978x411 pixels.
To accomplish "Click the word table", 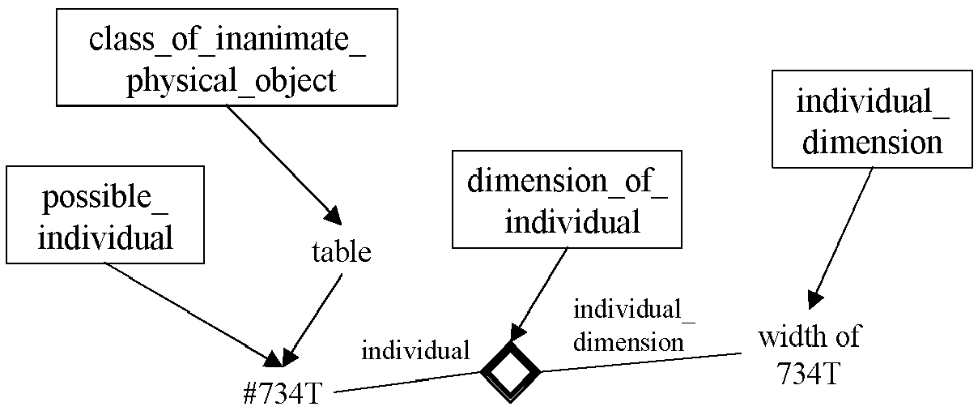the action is pyautogui.click(x=342, y=252).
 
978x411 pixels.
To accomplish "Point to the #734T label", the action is pyautogui.click(x=283, y=392).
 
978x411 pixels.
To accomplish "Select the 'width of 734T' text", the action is pyautogui.click(x=809, y=355).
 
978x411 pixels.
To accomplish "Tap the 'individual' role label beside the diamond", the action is pyautogui.click(x=415, y=350).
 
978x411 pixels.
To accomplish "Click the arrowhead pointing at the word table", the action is pyautogui.click(x=333, y=216).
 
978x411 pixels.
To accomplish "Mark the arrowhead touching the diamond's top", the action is pyautogui.click(x=517, y=333).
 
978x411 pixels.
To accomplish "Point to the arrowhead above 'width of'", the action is pyautogui.click(x=814, y=300).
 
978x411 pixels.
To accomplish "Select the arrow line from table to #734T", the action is pyautogui.click(x=313, y=320).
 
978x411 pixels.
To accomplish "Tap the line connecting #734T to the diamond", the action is pyautogui.click(x=407, y=382).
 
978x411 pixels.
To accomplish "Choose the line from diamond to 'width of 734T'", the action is pyautogui.click(x=641, y=362).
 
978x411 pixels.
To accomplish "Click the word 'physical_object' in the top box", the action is pyautogui.click(x=232, y=81).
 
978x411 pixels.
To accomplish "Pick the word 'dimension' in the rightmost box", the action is pyautogui.click(x=872, y=143).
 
